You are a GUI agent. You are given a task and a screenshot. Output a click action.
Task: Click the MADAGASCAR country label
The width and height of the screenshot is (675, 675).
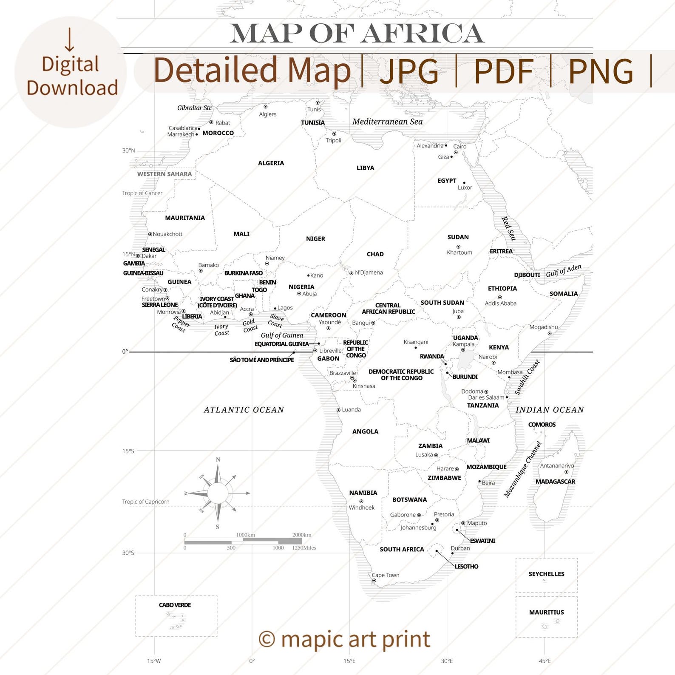tap(555, 482)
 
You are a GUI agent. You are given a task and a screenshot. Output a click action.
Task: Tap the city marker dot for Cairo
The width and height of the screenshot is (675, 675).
tap(456, 152)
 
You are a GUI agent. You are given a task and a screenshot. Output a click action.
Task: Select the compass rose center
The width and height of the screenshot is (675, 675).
tap(218, 493)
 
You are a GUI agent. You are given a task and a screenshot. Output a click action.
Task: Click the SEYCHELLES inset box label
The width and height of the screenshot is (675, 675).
tap(546, 574)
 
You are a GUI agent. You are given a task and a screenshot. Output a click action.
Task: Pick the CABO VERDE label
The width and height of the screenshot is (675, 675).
tap(175, 605)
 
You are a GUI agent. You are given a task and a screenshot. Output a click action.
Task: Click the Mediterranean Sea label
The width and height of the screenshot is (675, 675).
tap(387, 122)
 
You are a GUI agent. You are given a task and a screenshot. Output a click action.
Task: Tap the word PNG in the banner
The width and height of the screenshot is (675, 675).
tap(601, 71)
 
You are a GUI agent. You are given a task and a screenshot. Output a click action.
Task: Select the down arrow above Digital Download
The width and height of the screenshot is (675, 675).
tap(70, 40)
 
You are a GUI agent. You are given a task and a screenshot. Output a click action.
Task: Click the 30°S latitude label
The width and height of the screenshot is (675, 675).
tap(128, 553)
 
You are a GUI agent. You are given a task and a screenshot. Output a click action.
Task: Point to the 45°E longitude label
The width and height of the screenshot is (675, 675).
tap(545, 661)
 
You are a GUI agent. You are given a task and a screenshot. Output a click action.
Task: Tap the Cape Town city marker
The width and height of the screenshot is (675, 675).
tap(374, 581)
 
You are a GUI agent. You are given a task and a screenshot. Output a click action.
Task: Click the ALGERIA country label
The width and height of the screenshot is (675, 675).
tap(271, 163)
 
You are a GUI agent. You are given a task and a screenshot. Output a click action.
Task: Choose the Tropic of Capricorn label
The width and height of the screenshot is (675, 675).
tap(145, 502)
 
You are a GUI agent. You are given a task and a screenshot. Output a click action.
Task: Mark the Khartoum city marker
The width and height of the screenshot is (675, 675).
tap(458, 247)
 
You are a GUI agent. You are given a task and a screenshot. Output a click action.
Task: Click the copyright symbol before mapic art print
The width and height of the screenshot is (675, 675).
tap(267, 639)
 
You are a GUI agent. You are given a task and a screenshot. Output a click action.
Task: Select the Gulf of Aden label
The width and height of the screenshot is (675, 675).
tap(563, 271)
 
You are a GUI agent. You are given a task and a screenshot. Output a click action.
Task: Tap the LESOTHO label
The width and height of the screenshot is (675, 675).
tap(466, 567)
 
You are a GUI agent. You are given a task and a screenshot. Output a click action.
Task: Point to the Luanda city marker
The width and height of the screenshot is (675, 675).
tap(338, 410)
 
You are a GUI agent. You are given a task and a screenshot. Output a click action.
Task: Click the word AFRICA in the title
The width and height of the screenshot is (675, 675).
tap(423, 34)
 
